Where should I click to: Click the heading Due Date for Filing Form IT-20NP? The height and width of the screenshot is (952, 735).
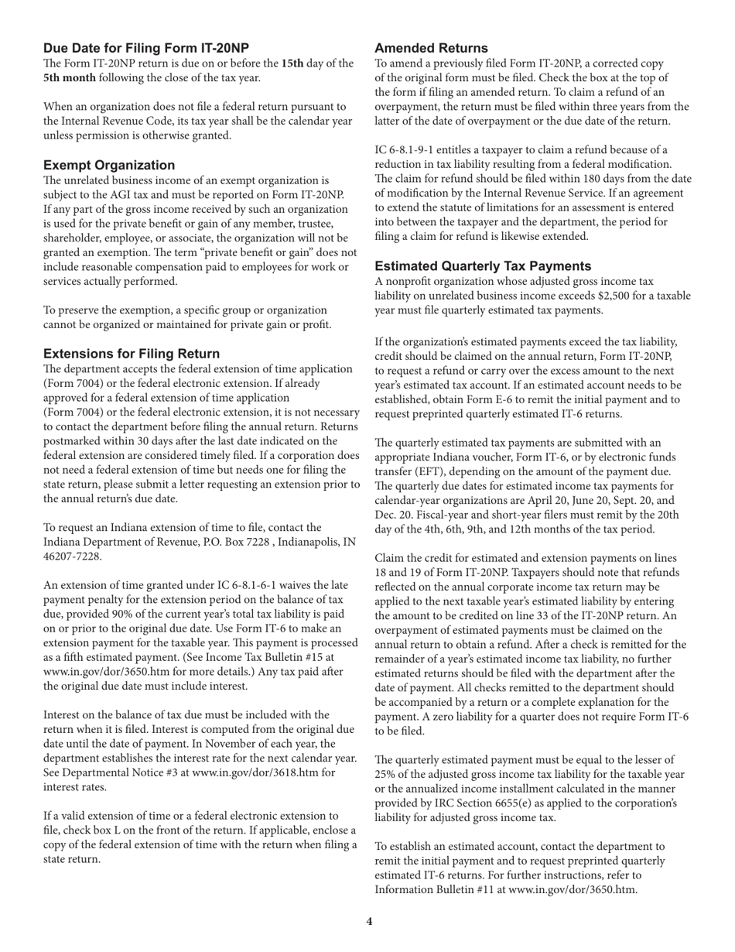point(146,48)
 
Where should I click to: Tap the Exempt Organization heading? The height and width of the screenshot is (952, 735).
point(109,165)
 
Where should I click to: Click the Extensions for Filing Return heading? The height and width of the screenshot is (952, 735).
point(132,354)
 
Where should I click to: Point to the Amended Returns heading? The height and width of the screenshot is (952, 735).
point(431,48)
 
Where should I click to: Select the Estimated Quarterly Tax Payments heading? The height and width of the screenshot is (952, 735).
point(483,266)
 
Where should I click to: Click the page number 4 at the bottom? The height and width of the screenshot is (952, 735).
point(369,921)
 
